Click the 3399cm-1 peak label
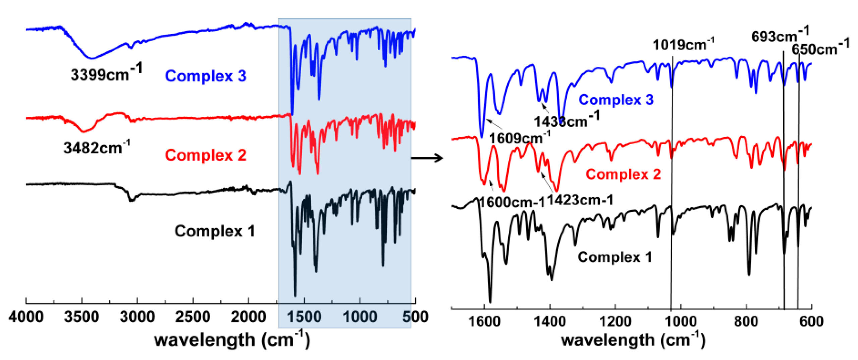106,73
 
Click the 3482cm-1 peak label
97,147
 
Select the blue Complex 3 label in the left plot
205,76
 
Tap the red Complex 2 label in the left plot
205,155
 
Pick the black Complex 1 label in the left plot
215,231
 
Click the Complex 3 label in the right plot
615,100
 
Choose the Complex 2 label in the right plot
623,174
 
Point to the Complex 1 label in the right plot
614,257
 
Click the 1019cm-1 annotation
683,45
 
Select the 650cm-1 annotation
820,48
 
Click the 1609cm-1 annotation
519,138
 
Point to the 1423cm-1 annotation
580,200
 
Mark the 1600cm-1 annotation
512,202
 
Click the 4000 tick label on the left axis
26,317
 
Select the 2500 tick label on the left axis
193,317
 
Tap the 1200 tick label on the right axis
615,321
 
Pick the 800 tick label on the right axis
746,321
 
